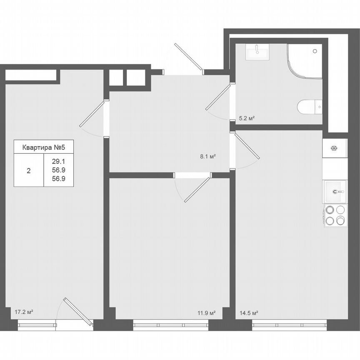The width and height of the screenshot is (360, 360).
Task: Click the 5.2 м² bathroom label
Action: click(x=247, y=119)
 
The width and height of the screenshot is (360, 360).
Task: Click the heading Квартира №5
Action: click(x=44, y=147)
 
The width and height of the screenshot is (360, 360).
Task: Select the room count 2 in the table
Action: click(x=28, y=170)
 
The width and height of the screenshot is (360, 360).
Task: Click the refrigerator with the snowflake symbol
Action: click(x=334, y=148)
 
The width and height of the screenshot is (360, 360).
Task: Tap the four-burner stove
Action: click(x=335, y=215)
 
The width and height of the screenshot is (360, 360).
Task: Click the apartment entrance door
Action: click(x=188, y=57)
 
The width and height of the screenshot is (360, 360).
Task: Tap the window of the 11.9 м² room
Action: click(x=170, y=322)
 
